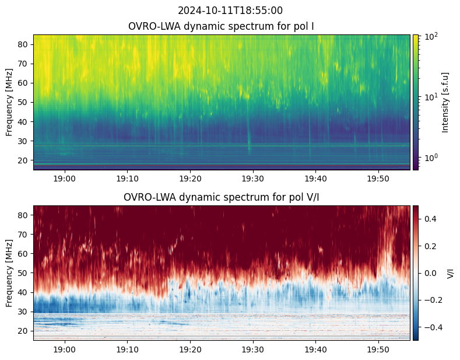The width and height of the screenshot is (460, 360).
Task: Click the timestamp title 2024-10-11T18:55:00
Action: point(230,11)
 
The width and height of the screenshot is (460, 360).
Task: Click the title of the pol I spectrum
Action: point(221,26)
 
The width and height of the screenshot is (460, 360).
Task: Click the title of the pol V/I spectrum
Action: point(221,197)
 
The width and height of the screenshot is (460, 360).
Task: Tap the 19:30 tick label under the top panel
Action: point(253,179)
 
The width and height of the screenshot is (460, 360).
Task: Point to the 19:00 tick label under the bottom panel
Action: point(65,349)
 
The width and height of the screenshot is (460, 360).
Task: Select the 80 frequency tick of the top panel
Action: point(23,44)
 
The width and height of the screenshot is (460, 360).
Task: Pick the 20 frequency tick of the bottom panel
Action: point(23,331)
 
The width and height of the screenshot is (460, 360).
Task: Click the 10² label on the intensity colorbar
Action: point(431,37)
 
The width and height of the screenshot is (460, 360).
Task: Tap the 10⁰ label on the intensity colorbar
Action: point(431,158)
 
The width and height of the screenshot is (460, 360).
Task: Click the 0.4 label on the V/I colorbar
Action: point(430,219)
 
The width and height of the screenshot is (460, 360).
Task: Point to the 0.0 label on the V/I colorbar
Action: point(430,273)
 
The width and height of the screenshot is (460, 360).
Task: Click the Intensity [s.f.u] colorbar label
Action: point(445,103)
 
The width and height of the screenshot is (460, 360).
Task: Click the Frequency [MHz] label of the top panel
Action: point(9,103)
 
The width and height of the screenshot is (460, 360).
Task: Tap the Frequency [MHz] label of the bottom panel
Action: point(9,273)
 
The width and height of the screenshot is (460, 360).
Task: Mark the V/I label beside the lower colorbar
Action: point(450,273)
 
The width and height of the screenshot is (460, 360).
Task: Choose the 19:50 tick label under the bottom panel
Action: point(378,349)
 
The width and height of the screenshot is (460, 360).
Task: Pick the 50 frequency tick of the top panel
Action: point(23,103)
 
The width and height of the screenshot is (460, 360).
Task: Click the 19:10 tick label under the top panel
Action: point(127,179)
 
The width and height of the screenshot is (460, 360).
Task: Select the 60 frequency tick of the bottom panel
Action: point(23,254)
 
